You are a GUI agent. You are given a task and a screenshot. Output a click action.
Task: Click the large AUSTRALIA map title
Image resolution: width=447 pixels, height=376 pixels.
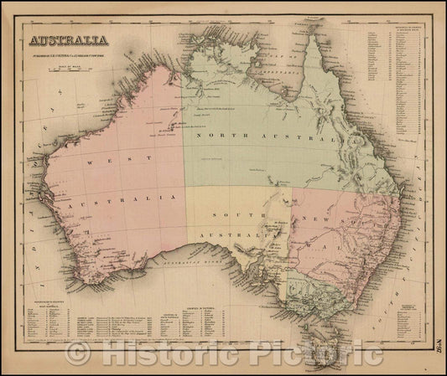pos(70,39)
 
